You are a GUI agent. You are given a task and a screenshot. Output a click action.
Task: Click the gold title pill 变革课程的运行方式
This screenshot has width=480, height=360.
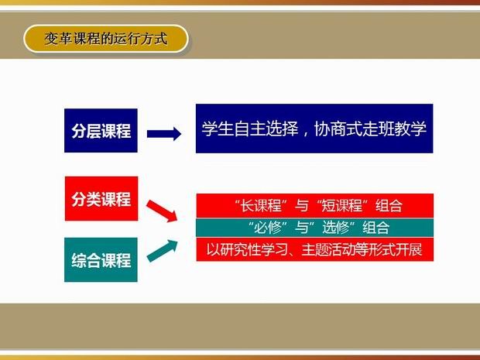click(x=105, y=39)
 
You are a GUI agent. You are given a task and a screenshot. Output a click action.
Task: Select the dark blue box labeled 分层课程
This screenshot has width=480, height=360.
click(x=101, y=130)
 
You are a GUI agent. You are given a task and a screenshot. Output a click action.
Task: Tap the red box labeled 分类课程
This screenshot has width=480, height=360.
click(x=101, y=198)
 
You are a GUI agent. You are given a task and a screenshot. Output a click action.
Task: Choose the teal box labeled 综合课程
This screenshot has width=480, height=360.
click(x=101, y=259)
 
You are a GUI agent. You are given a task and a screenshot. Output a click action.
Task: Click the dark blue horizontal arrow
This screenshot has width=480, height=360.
click(x=164, y=134)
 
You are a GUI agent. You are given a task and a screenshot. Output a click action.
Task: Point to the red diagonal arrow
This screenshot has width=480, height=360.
click(x=162, y=211)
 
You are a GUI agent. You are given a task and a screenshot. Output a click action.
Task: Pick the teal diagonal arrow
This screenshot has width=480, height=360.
click(x=163, y=251)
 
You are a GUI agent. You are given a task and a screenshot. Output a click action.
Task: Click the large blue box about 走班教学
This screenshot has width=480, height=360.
click(x=314, y=129)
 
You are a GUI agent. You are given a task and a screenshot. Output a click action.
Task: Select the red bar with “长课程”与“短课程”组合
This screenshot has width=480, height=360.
click(x=314, y=205)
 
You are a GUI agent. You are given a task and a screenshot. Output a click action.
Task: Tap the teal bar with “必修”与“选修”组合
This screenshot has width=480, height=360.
click(x=314, y=228)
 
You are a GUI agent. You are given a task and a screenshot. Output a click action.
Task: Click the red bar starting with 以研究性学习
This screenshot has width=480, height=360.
click(x=314, y=250)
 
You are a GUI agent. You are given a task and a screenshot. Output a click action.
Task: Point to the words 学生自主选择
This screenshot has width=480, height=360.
click(x=250, y=129)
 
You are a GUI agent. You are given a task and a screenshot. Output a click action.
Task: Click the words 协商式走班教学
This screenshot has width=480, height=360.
click(x=370, y=129)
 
